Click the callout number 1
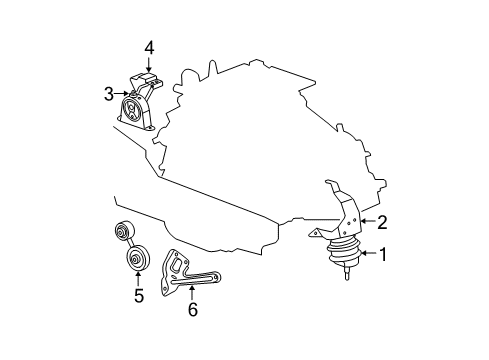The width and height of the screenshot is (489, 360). [380, 255]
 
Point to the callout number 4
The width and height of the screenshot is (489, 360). [148, 47]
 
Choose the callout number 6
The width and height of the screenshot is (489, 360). [192, 309]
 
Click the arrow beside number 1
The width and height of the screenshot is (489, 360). [364, 255]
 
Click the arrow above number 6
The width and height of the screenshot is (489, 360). [192, 292]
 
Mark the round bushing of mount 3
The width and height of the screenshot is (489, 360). [130, 110]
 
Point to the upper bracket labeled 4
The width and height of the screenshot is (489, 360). [145, 82]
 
